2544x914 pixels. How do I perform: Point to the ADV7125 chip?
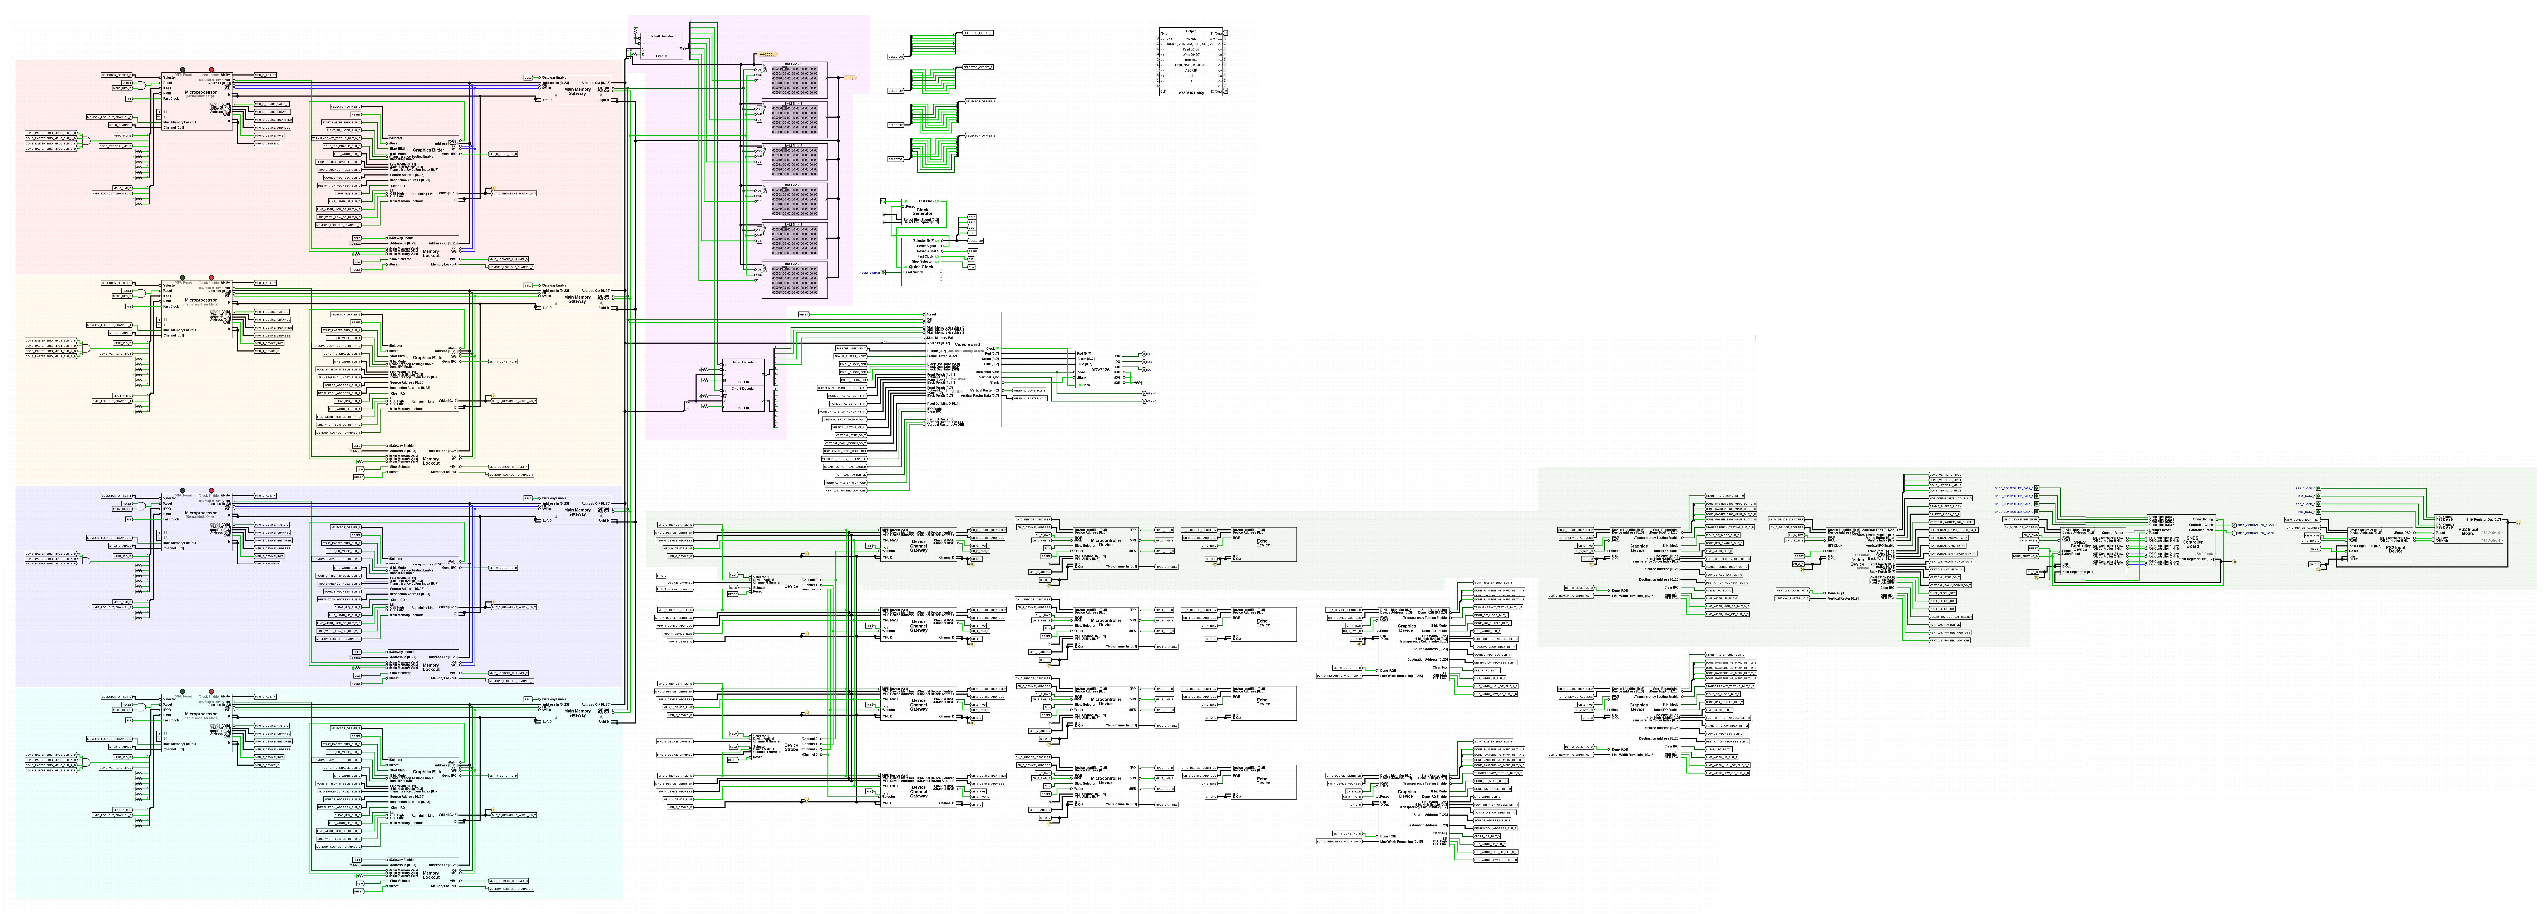click(x=1099, y=370)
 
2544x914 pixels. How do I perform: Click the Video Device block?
click(x=1857, y=561)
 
